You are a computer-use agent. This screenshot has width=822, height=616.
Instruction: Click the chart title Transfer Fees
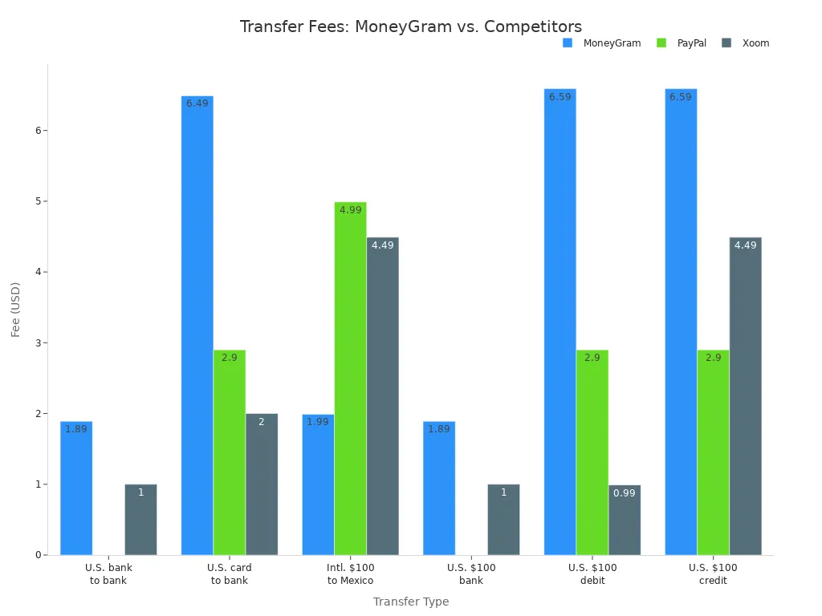(410, 26)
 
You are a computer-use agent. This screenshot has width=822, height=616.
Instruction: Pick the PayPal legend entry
(691, 43)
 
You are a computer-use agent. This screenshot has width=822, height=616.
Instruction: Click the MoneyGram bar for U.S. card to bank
(197, 325)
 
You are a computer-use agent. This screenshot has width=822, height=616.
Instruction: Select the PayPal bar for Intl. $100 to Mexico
(350, 378)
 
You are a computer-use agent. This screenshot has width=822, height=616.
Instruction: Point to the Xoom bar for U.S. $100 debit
(624, 519)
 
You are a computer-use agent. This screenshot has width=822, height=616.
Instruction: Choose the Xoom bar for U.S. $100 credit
(745, 395)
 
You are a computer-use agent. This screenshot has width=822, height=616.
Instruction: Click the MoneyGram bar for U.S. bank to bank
(76, 488)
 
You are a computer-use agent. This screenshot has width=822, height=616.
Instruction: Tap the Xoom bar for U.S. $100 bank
(503, 519)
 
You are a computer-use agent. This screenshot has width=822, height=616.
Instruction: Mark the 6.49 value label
(197, 103)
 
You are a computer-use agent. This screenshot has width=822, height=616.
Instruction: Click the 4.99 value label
(350, 210)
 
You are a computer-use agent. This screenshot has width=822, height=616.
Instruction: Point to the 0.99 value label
(624, 493)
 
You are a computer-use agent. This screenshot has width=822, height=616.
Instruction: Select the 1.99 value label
(317, 422)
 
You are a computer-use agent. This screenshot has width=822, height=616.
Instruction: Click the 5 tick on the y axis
(37, 201)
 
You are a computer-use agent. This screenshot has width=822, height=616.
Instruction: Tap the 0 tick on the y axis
(37, 555)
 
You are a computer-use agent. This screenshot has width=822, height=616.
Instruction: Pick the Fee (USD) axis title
(15, 309)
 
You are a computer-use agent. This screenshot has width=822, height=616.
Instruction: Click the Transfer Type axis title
(410, 602)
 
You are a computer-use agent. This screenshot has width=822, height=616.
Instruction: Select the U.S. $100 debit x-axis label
(592, 573)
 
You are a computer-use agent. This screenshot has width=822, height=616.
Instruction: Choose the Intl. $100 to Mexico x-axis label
(350, 573)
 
